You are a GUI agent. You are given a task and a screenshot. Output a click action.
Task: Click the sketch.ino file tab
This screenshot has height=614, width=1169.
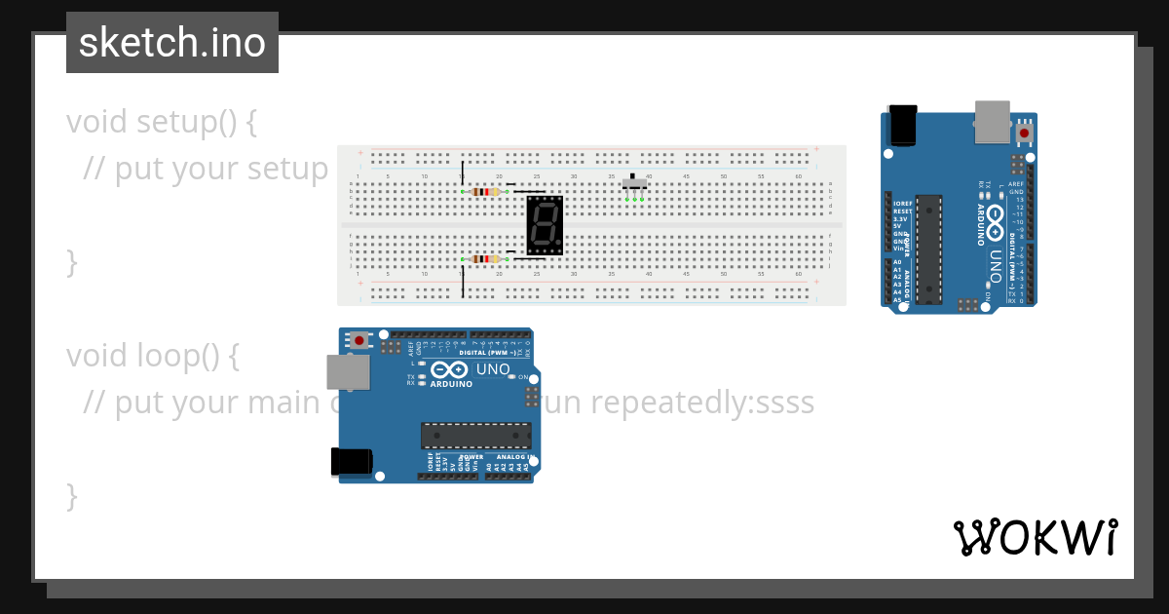tap(172, 43)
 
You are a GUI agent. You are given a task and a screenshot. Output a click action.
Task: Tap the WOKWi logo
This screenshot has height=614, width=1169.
tap(1034, 537)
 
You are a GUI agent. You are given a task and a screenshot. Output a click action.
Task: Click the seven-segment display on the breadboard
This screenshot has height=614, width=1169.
tap(545, 225)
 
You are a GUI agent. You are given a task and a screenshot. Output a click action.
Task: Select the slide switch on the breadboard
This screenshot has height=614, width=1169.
tap(634, 183)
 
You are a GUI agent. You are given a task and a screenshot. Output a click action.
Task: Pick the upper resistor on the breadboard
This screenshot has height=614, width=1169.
tap(485, 192)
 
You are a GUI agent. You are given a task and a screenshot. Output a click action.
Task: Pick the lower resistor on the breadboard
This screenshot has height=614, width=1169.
tap(485, 258)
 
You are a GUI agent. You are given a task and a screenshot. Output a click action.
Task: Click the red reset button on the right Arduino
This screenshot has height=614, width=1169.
tap(1024, 132)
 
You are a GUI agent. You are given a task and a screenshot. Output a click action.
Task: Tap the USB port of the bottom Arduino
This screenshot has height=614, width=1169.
tap(348, 373)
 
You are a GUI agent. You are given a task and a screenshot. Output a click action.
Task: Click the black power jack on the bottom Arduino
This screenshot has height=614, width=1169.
tap(352, 461)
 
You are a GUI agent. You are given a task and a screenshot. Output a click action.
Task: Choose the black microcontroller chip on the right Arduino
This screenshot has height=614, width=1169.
tap(929, 249)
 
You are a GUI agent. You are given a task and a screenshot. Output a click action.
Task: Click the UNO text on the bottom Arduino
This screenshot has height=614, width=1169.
tap(493, 369)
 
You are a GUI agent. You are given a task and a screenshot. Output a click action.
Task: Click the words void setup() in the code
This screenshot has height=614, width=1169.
tap(162, 123)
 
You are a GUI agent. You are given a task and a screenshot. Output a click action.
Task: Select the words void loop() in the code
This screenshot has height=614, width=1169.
tap(153, 357)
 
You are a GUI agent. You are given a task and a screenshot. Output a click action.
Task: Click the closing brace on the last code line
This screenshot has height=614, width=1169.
tap(71, 496)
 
